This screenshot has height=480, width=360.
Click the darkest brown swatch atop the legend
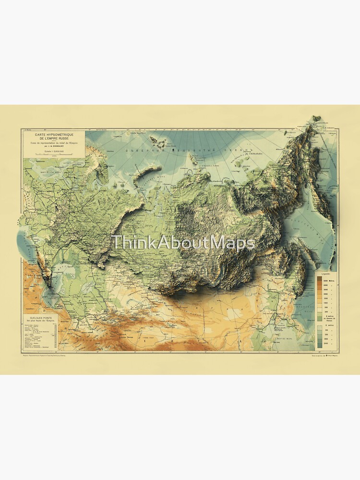(x=319, y=279)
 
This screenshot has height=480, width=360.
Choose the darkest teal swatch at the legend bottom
(x=319, y=345)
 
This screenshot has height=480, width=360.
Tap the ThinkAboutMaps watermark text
(x=182, y=243)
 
